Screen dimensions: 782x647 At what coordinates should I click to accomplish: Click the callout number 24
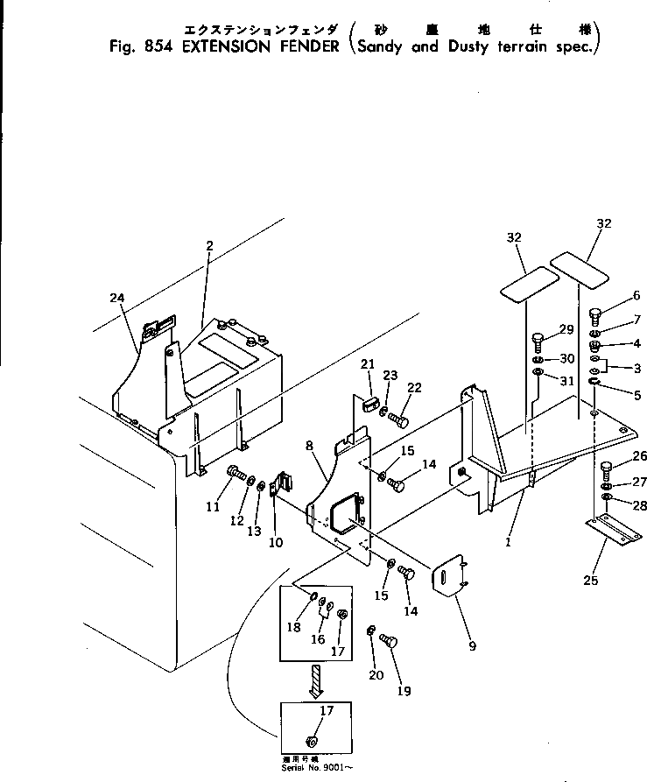(118, 298)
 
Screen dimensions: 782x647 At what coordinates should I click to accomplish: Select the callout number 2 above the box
(209, 246)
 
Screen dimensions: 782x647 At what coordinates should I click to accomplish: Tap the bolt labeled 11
(236, 476)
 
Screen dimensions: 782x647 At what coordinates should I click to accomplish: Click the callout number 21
(368, 364)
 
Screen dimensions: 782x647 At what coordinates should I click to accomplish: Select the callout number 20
(376, 675)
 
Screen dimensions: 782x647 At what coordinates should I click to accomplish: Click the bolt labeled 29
(538, 340)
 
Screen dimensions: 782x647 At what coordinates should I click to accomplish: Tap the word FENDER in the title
(303, 46)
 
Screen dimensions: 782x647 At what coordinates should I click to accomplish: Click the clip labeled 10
(282, 486)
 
